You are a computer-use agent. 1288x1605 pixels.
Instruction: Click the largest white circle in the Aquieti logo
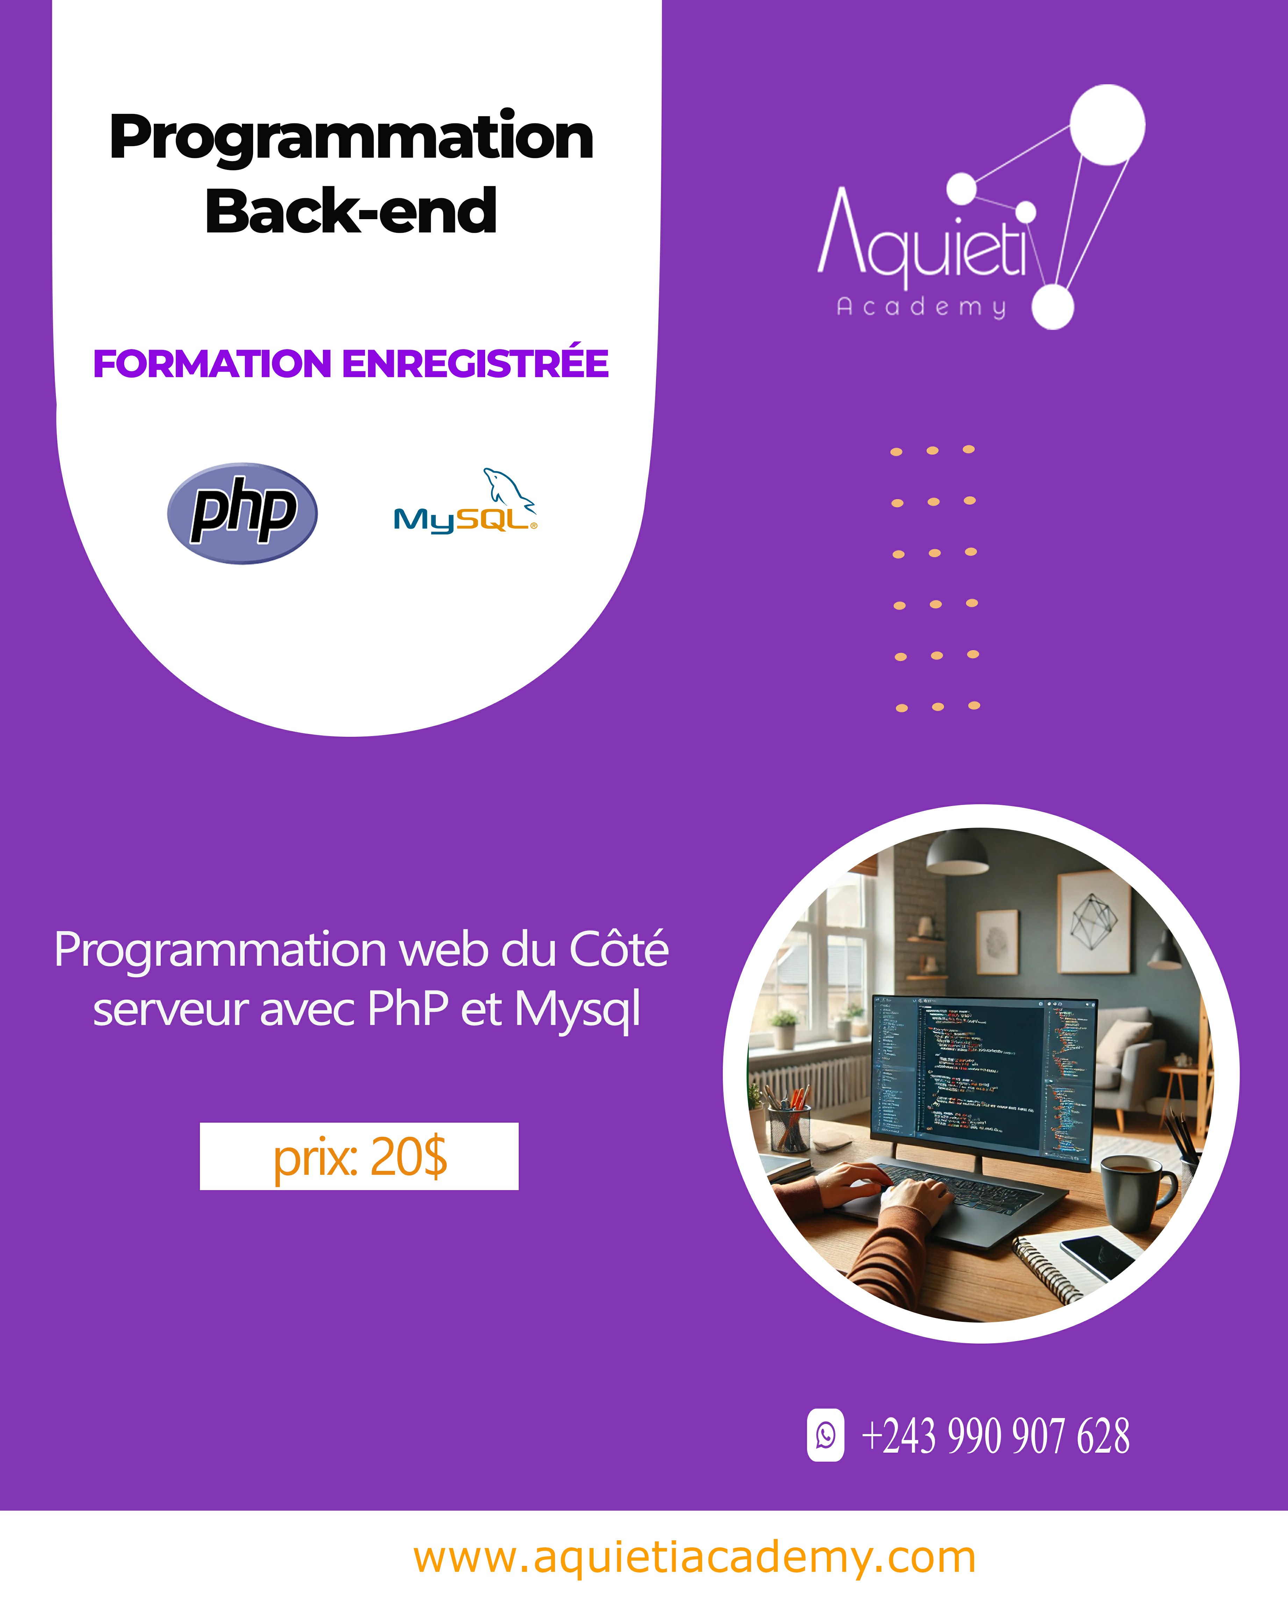coord(1107,124)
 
